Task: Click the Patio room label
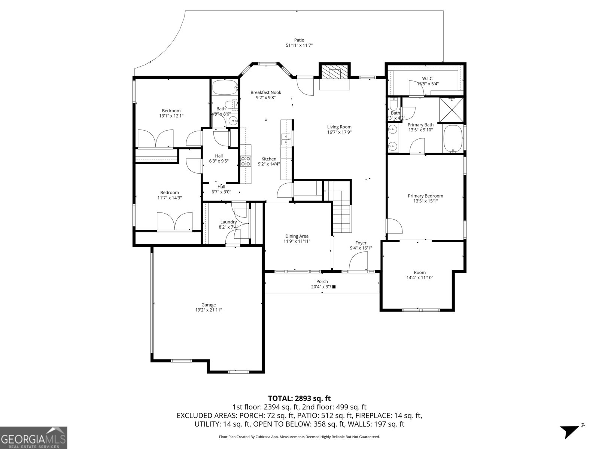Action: [x=299, y=40]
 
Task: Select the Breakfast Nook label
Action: [x=265, y=92]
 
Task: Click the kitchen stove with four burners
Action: [x=246, y=161]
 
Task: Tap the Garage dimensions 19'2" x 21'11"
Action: [x=208, y=310]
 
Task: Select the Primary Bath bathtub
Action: [x=453, y=139]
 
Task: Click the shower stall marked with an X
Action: [x=452, y=110]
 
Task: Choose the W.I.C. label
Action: [x=428, y=79]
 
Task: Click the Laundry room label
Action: [x=228, y=222]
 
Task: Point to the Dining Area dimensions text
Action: [x=297, y=241]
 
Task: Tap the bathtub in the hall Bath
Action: [x=225, y=88]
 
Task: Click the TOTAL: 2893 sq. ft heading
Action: [x=299, y=398]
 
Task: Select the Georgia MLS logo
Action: [x=34, y=437]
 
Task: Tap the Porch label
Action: [x=322, y=281]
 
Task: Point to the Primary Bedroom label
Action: [x=425, y=196]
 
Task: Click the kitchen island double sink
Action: [x=286, y=140]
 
